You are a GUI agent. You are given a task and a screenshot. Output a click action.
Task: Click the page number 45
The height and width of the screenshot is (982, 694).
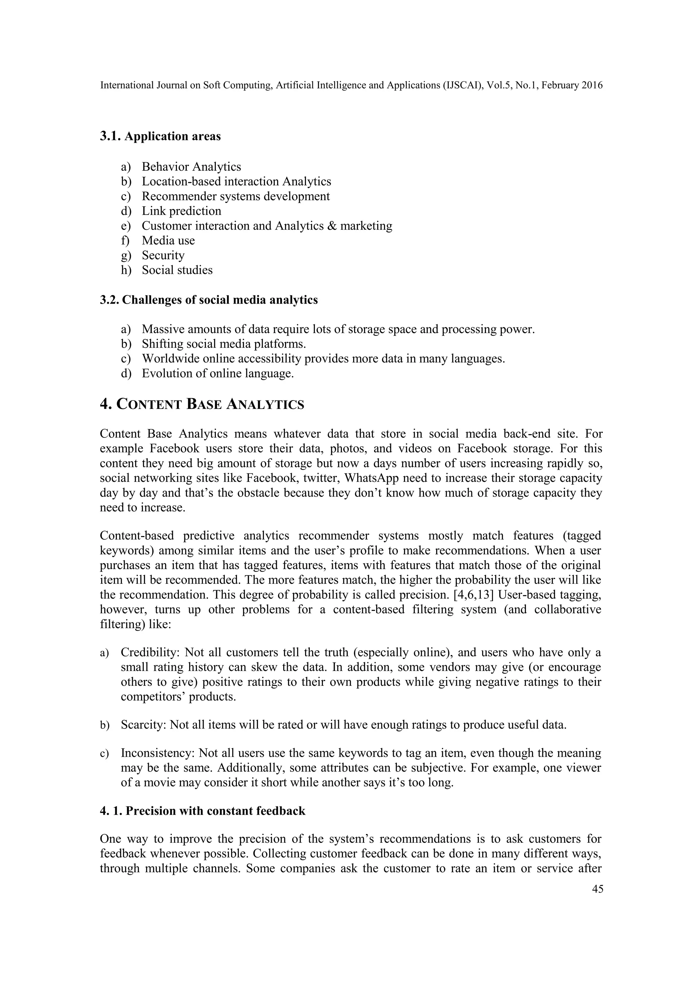click(597, 889)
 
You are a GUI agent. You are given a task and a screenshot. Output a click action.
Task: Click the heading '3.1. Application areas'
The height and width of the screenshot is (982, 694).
click(160, 137)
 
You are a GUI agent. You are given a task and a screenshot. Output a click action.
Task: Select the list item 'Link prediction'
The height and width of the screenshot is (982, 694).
click(181, 211)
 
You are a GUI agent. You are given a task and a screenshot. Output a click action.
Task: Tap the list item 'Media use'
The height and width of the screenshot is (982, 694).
click(168, 240)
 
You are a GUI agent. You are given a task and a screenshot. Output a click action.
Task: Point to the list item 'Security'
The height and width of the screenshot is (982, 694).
click(163, 255)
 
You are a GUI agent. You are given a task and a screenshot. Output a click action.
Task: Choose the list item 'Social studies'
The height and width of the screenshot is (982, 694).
click(177, 270)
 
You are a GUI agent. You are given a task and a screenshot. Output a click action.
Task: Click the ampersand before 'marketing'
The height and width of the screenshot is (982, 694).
click(332, 226)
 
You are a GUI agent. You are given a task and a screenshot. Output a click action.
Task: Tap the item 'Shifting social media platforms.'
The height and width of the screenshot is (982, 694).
click(224, 344)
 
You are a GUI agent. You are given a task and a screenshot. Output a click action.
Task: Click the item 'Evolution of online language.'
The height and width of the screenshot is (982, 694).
click(218, 373)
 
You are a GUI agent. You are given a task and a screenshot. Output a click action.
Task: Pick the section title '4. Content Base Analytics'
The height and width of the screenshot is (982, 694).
click(202, 404)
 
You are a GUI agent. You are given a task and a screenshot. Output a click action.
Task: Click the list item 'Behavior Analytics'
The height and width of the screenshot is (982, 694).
click(191, 167)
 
